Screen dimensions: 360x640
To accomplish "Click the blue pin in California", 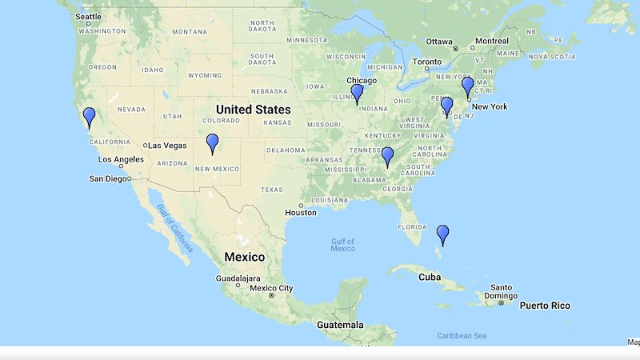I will click(x=89, y=116).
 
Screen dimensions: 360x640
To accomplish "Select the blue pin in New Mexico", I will click(x=212, y=142).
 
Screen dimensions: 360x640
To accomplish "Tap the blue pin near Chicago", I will click(x=357, y=93).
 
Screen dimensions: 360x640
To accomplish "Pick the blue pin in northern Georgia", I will click(x=387, y=155).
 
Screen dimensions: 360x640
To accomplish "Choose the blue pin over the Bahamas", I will click(x=442, y=234).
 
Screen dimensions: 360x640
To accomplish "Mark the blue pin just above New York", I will click(x=468, y=86).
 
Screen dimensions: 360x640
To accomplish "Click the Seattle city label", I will click(x=88, y=17).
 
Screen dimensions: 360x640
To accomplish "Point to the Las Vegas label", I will click(x=166, y=145).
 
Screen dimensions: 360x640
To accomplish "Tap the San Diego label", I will click(x=111, y=178).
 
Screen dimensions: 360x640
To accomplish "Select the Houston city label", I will click(x=301, y=212).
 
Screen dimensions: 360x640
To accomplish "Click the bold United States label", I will click(x=253, y=109).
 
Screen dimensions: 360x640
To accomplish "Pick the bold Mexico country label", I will click(x=244, y=257).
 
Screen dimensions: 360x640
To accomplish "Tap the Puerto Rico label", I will click(x=545, y=306).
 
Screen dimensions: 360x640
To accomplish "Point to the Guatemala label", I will click(x=338, y=325).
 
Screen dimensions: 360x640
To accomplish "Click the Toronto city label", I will click(x=426, y=62).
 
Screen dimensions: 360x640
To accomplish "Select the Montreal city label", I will click(x=491, y=41).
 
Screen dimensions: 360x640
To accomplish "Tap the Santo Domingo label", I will click(x=501, y=292).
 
